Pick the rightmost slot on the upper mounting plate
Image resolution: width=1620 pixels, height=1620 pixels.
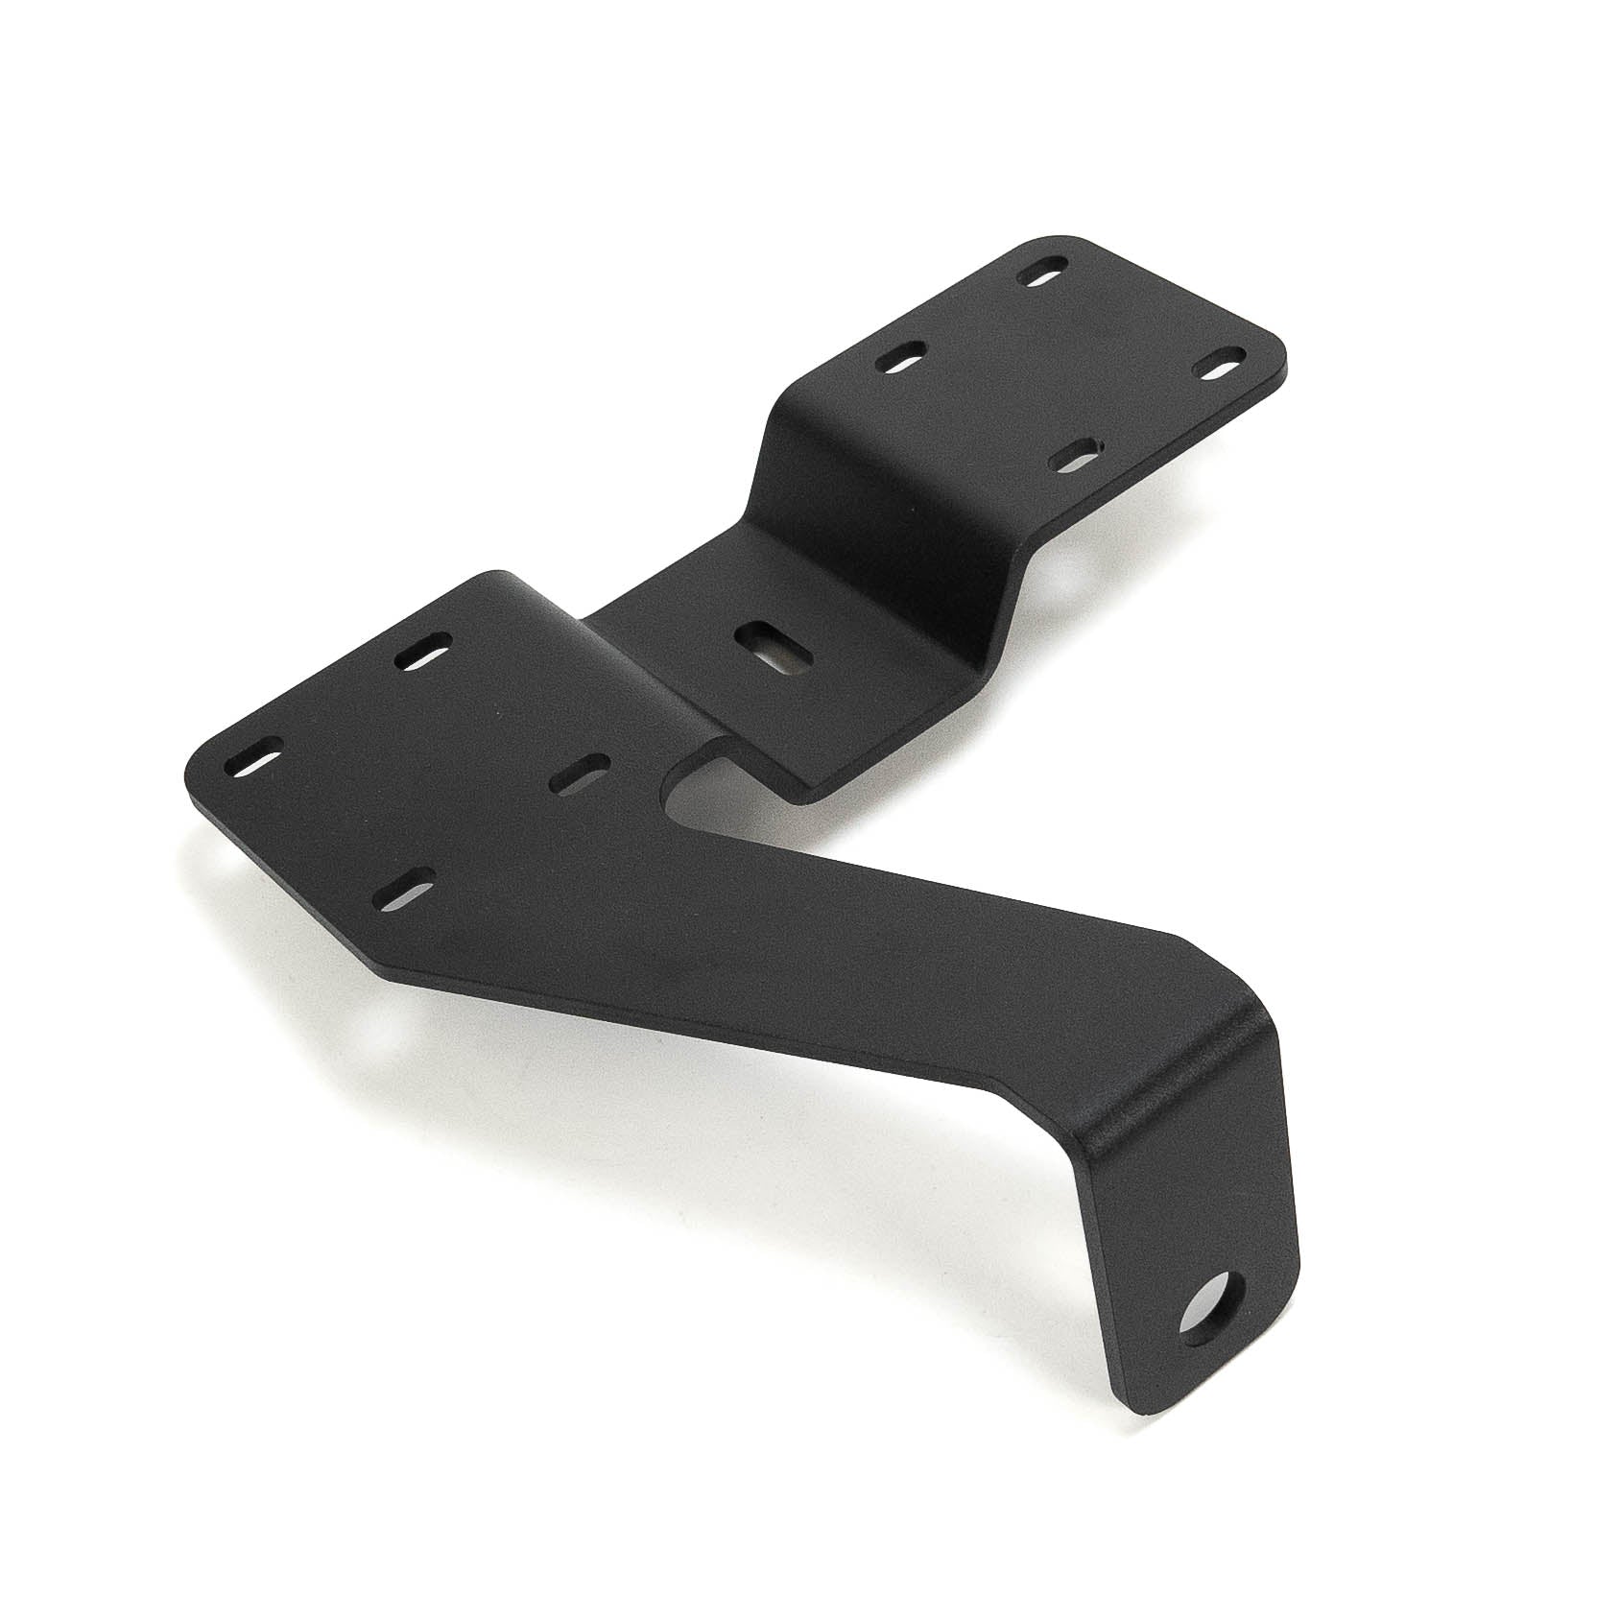(1218, 369)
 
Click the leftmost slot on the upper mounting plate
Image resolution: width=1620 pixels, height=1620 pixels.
(903, 360)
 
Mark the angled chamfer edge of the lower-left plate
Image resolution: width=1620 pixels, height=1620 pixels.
(288, 893)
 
